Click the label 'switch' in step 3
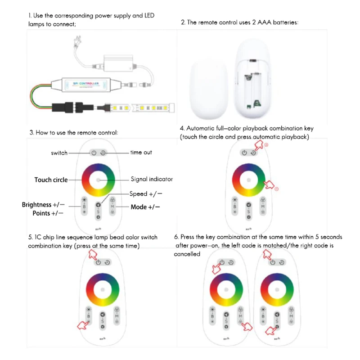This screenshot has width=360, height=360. coord(59,153)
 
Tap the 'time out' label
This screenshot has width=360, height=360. coord(141,153)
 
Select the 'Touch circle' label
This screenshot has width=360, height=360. coord(51,180)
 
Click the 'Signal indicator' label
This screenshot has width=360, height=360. coord(152,179)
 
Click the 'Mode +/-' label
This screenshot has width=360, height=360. coord(145,207)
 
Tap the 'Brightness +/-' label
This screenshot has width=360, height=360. coord(43,205)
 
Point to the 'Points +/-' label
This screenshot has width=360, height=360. coord(48,213)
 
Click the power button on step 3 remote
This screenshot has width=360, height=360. coord(94,153)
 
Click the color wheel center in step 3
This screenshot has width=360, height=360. coord(99,180)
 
